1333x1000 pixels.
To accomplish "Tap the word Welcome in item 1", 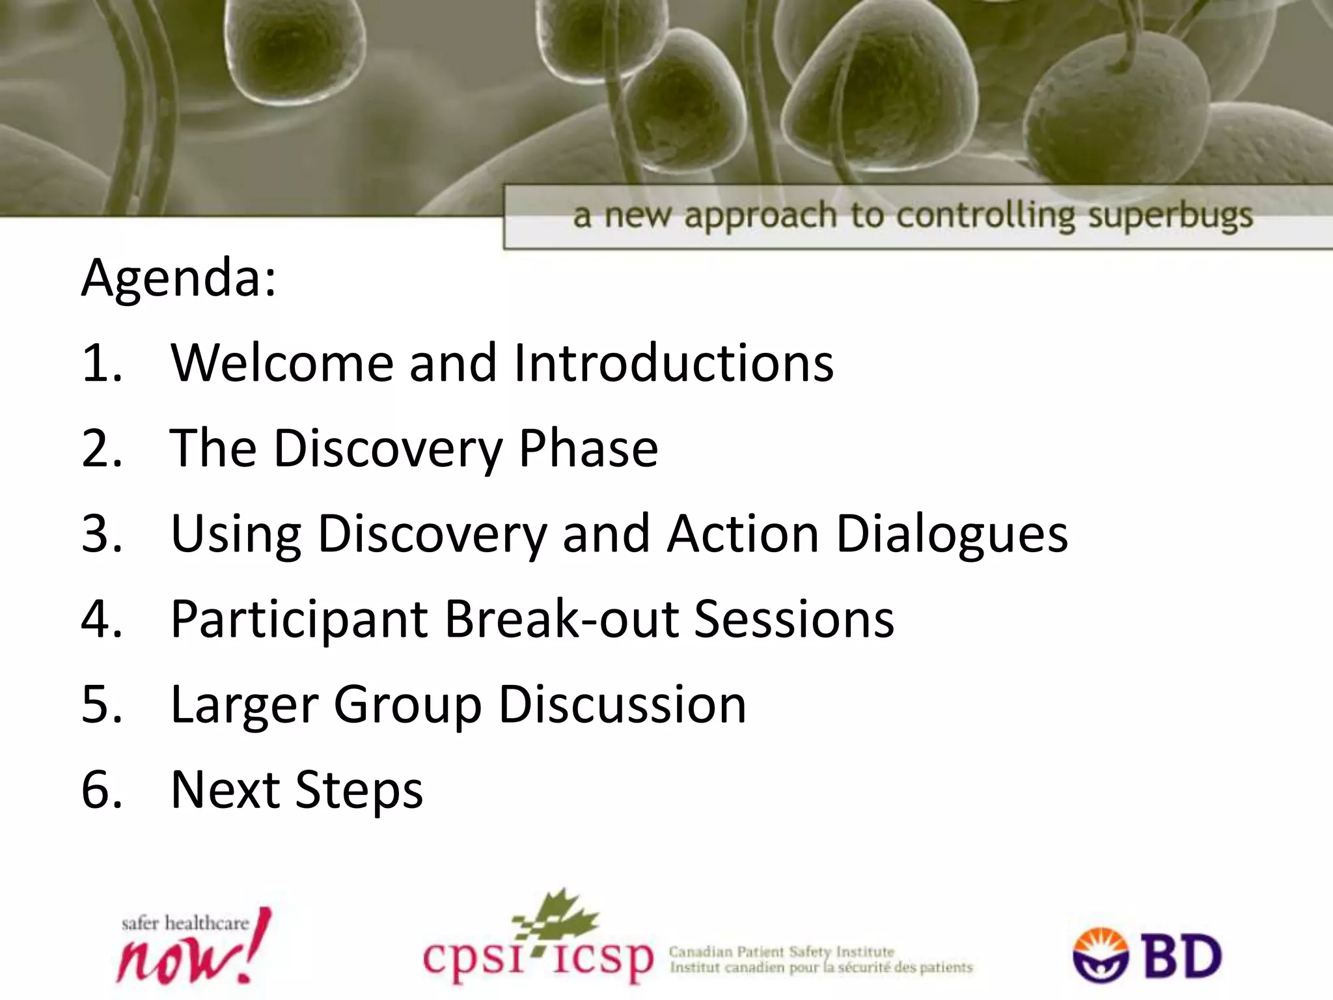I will coord(282,363).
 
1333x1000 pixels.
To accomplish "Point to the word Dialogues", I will coord(952,534).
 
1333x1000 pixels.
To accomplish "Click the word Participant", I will coord(299,619).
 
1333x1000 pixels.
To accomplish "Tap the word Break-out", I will coord(561,619).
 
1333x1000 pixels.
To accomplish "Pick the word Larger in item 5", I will coord(244,705).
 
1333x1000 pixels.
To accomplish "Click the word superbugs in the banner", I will coord(1170,216).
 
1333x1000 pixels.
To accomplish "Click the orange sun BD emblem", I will coord(1101,954).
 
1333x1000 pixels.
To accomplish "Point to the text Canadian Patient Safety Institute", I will coord(781,952).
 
